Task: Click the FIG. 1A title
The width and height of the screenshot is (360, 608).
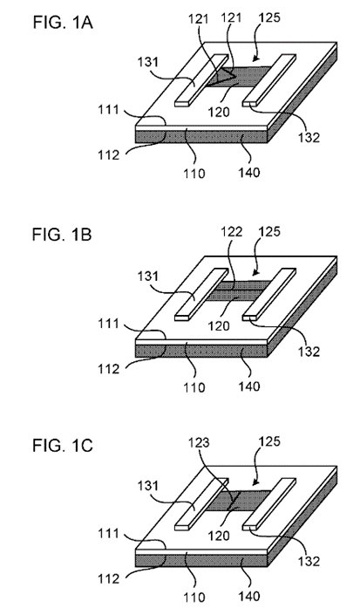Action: coord(63,23)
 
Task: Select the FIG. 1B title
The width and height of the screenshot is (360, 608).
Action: coord(62,235)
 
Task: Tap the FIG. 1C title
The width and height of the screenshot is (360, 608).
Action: coord(63,446)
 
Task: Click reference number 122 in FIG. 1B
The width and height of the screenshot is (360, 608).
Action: coord(231,231)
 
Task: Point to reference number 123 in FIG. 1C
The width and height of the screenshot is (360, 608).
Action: coord(199,442)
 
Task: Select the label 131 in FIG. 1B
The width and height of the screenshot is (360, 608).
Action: coord(148,276)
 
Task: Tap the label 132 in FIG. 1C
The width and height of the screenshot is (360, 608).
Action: coord(309,561)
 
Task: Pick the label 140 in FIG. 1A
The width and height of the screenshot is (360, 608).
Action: coord(248,172)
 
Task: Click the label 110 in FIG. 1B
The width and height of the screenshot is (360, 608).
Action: coord(194,386)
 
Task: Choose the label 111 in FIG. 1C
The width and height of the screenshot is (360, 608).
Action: coord(108,534)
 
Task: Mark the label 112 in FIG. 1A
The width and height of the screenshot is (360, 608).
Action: coord(108,154)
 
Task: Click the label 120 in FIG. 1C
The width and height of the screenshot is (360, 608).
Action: coord(219,536)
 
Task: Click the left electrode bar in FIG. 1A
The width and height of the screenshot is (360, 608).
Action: coord(201,80)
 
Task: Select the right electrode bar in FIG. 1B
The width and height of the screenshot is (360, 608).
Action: coord(269,294)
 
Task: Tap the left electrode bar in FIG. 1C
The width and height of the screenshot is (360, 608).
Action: coord(201,503)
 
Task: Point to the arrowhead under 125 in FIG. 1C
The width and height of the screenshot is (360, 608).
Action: coord(255,483)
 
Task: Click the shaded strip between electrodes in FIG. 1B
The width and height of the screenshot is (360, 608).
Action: coord(237,290)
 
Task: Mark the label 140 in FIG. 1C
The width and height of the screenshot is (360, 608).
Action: coord(248,596)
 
